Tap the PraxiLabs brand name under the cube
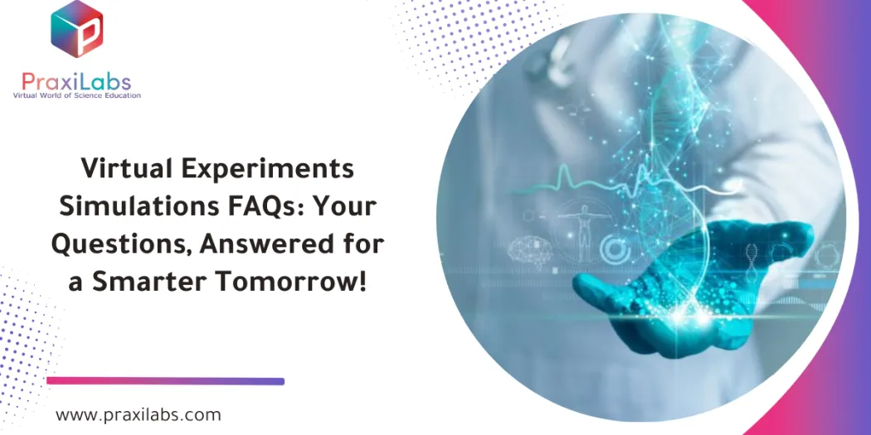(x=76, y=81)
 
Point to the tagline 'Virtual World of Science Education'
(x=76, y=96)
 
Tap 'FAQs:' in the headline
(x=269, y=206)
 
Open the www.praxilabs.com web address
(x=139, y=414)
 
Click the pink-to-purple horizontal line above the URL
(x=166, y=381)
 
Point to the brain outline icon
(x=527, y=249)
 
